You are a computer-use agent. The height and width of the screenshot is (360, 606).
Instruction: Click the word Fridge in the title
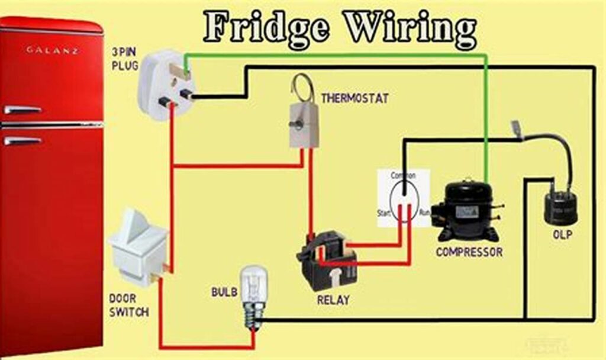click(x=266, y=28)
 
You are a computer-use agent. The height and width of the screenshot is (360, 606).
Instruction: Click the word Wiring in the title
click(x=410, y=28)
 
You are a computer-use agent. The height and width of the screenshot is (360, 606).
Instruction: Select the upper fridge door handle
click(x=22, y=110)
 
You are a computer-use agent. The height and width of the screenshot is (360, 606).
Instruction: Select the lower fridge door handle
click(x=22, y=141)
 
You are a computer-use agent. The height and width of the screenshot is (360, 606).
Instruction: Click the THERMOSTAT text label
click(x=354, y=98)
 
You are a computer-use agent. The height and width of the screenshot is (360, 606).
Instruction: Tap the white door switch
click(x=136, y=243)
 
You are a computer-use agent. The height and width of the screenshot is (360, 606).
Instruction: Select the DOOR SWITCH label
click(x=128, y=304)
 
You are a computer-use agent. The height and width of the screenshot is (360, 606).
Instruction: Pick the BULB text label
click(x=224, y=292)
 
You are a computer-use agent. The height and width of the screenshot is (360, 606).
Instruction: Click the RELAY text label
click(x=333, y=300)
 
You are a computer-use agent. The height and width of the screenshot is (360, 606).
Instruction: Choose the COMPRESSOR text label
click(x=469, y=252)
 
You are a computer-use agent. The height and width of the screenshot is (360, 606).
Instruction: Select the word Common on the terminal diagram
click(x=403, y=176)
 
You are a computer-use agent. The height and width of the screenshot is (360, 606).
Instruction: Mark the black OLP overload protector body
click(x=560, y=207)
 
